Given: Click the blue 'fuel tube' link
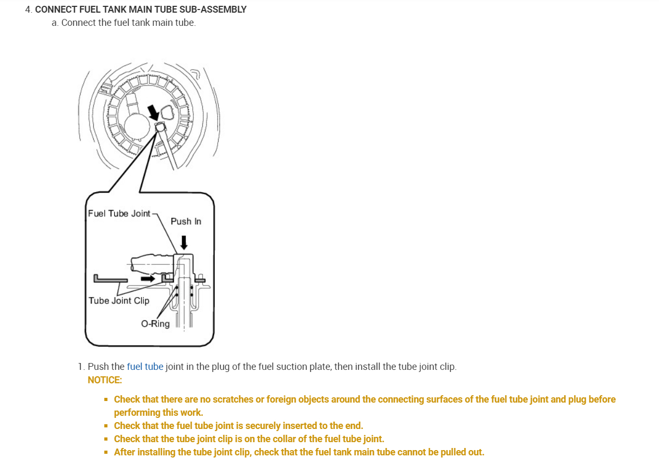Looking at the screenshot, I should [145, 366].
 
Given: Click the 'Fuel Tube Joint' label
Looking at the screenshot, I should [119, 213].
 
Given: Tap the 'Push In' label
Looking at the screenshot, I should [185, 221].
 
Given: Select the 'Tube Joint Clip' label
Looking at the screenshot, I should [119, 300].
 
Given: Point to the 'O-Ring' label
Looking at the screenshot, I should [155, 323].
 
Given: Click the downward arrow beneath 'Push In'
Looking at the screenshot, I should [183, 242].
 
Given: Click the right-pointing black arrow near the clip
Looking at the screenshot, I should [149, 278].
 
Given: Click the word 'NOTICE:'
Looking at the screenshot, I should [105, 379].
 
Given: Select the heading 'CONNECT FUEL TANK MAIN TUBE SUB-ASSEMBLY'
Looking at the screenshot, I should [141, 9].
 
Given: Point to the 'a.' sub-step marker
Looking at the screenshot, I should [55, 23].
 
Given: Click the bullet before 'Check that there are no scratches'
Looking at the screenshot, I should [106, 399].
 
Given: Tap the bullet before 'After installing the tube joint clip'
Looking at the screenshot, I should [106, 452].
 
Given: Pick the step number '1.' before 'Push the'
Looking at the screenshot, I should [81, 366].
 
